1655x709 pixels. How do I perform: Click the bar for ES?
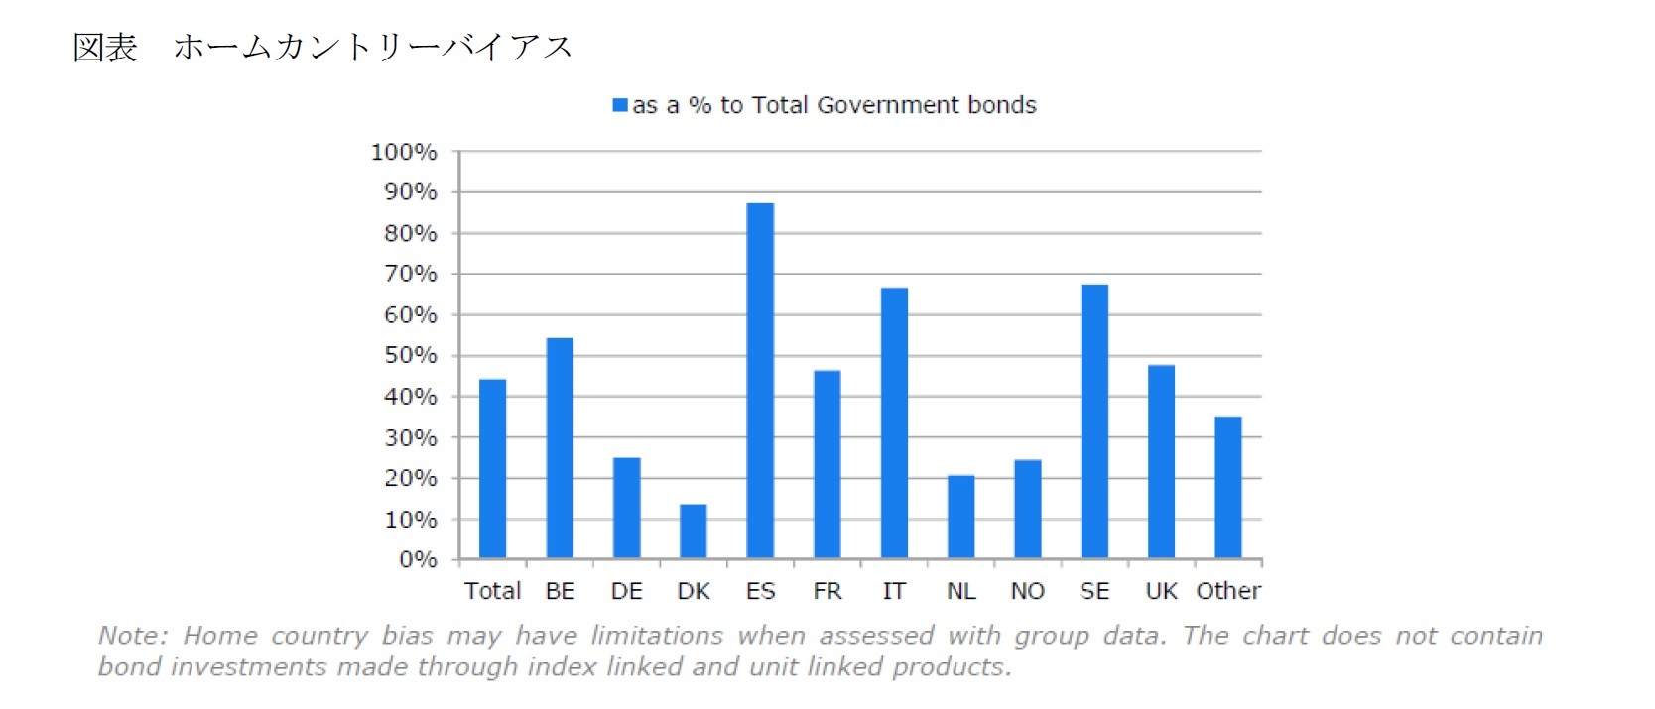760,381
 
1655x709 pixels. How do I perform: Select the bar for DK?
694,532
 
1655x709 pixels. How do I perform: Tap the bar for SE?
1094,421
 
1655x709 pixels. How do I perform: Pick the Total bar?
492,469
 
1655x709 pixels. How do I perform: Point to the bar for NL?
960,517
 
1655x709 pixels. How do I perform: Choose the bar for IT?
894,423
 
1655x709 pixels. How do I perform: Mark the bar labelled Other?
1228,488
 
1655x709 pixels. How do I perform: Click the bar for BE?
560,448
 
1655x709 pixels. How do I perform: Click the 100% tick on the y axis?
404,152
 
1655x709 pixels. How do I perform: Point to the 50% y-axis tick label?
410,355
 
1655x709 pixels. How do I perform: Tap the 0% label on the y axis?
418,560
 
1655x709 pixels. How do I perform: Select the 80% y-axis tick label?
410,233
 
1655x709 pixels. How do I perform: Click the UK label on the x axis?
1161,591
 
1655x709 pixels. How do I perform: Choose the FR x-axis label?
827,591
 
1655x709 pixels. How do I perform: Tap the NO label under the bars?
1028,591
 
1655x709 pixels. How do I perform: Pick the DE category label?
626,591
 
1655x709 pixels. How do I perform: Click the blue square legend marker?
620,105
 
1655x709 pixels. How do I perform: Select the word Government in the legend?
874,105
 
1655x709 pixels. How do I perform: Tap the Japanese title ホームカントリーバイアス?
373,47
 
